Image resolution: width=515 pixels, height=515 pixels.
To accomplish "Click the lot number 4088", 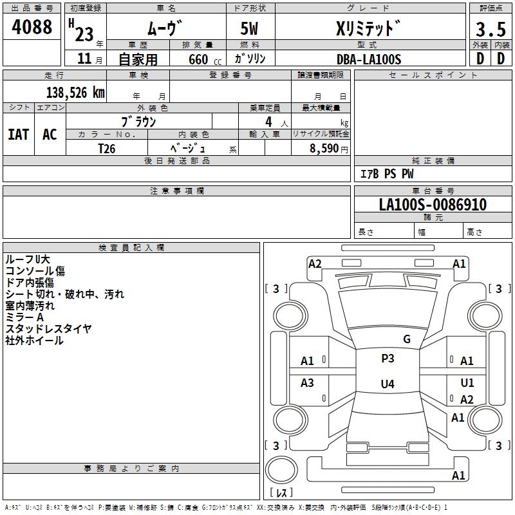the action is (x=32, y=26).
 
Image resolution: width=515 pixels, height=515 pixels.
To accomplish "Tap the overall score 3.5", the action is (x=491, y=29).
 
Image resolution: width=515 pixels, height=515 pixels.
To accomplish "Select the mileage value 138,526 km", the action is (x=75, y=93).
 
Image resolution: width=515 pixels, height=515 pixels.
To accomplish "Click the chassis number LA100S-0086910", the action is (x=433, y=204).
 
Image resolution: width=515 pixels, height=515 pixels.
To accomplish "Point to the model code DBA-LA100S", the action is (x=369, y=59).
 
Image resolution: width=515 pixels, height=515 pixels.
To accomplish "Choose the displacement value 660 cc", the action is (x=205, y=60).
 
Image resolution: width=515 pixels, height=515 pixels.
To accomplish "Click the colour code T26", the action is (x=107, y=149).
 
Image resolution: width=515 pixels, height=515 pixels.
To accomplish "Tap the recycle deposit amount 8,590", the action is (x=324, y=148).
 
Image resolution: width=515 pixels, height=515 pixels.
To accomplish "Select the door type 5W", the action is (x=249, y=28).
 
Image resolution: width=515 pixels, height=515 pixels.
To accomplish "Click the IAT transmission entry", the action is (x=19, y=135).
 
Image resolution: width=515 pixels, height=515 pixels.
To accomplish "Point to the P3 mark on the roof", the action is (x=388, y=358).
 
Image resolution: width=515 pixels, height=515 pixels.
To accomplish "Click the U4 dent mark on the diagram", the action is (x=388, y=384).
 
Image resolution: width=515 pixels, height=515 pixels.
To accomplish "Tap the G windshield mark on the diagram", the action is (x=407, y=339).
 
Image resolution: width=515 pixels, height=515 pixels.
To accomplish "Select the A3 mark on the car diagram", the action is (x=307, y=382).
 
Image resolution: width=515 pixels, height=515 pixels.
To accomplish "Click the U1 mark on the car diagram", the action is (x=467, y=382).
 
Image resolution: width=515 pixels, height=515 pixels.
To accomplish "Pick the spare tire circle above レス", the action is (x=281, y=470).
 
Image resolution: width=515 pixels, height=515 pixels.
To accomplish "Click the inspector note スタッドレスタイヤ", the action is (x=48, y=328).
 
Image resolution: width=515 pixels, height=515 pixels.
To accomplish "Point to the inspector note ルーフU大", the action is (x=28, y=259).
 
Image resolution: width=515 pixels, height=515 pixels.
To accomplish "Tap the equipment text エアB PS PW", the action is (x=387, y=174).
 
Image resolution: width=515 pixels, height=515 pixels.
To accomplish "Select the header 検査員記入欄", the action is (x=131, y=248).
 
